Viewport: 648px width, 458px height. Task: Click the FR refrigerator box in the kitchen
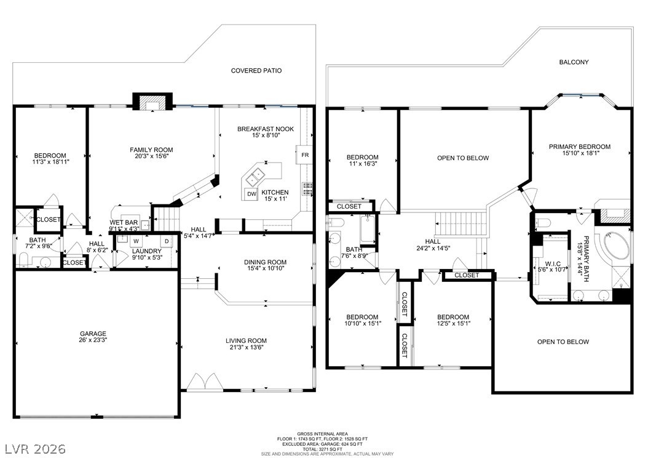coord(304,155)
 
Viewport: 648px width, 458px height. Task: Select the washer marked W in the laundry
coord(136,241)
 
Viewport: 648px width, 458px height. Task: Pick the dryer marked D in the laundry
coord(167,241)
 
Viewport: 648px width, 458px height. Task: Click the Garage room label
coord(93,334)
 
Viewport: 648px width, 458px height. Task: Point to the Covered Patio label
coord(256,71)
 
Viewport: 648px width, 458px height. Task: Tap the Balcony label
coord(574,62)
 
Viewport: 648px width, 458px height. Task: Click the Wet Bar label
coord(124,223)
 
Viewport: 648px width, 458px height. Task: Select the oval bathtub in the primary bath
coord(617,246)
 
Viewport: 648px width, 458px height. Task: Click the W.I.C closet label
coord(553,264)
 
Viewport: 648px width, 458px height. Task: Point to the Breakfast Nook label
coord(266,129)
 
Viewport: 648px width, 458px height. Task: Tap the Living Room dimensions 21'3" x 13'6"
coord(246,347)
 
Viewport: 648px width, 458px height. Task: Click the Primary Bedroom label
coord(579,147)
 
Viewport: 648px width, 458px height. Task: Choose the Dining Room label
coord(265,262)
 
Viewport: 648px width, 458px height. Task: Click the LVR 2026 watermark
coord(35,449)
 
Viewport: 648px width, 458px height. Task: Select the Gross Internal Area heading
coord(322,434)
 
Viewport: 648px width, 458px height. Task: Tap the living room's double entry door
coord(205,382)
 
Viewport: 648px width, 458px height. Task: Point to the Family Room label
coord(151,150)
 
